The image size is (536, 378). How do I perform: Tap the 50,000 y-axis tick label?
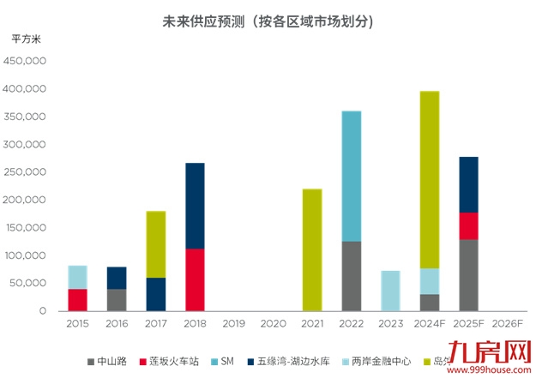coord(38,283)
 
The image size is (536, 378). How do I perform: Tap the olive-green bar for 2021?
coord(312,249)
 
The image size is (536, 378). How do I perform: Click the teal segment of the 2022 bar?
coord(352,176)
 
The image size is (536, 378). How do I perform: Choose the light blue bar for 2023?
coord(390,291)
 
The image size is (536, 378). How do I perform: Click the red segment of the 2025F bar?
coord(468,225)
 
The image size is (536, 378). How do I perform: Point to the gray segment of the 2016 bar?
coord(117,300)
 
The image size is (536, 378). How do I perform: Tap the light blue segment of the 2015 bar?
coord(78,277)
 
